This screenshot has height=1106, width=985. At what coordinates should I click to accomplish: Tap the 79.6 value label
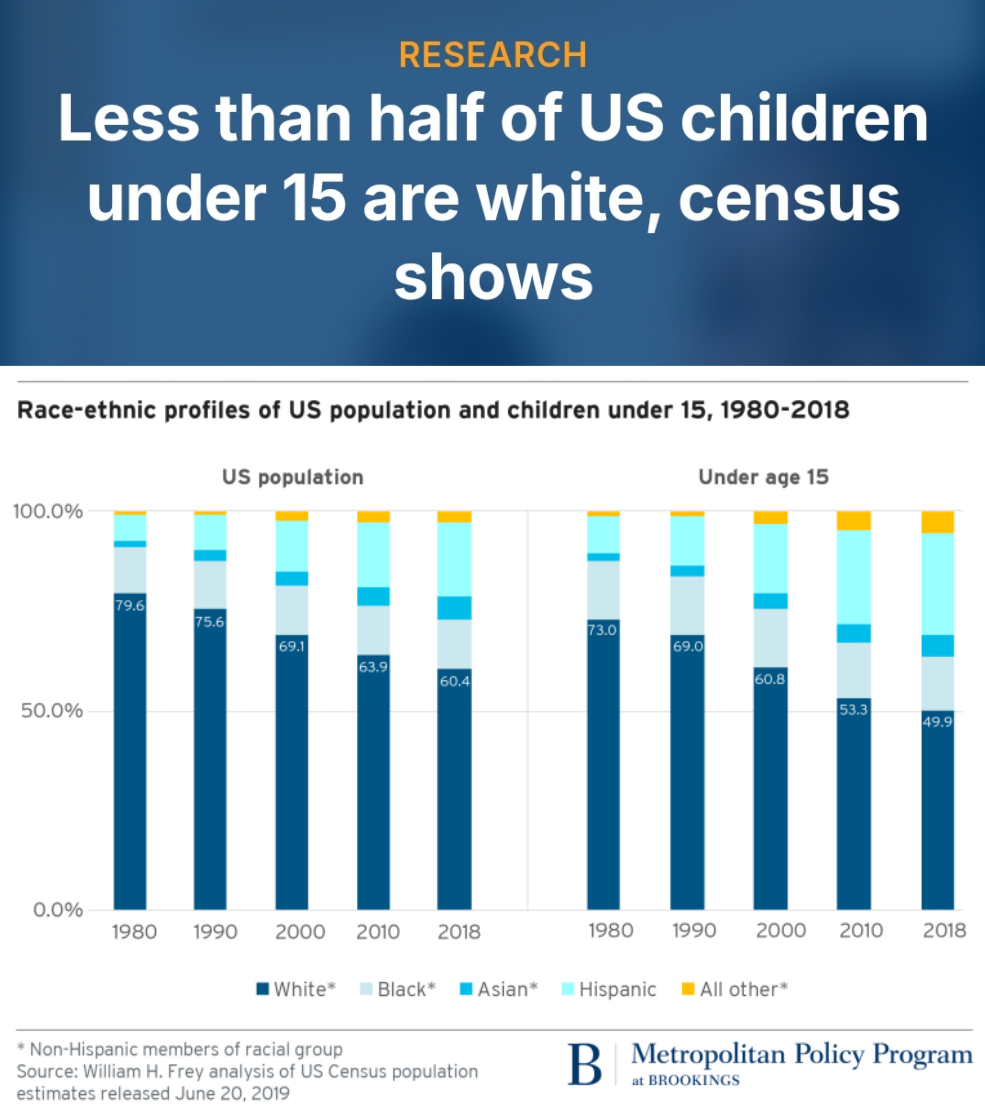pos(130,605)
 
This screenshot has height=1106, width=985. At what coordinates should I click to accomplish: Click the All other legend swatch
pos(687,989)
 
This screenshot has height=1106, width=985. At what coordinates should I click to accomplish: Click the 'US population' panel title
pos(293,477)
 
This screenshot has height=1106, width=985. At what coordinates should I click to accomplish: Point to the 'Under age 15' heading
pos(763,477)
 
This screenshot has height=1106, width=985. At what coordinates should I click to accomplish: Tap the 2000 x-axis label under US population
pos(300,932)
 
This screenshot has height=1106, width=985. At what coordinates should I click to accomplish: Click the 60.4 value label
pos(455,681)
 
